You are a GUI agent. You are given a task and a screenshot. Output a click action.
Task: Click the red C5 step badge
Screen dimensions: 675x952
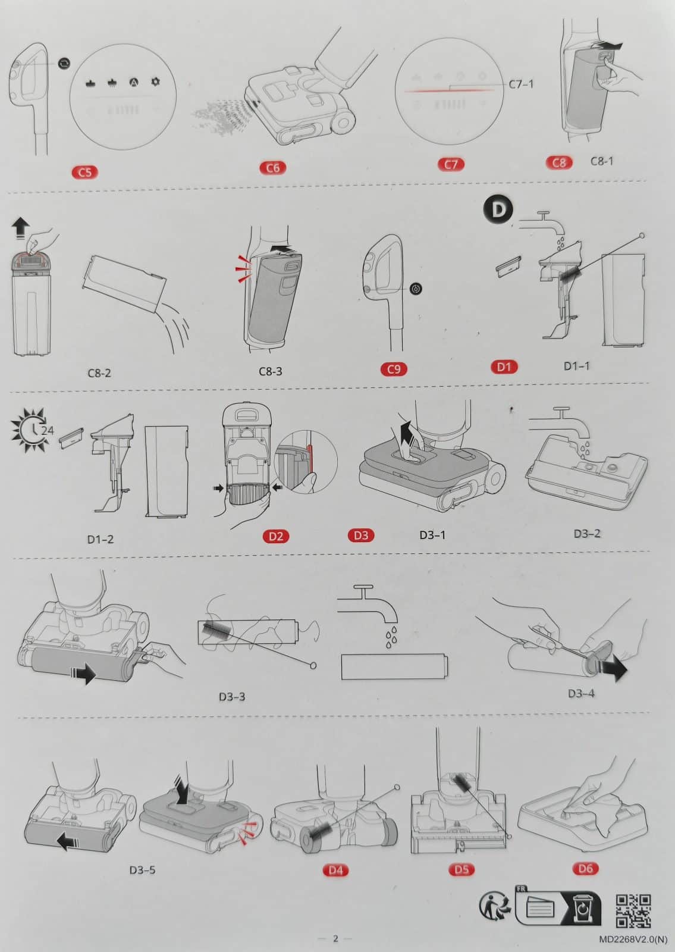85,172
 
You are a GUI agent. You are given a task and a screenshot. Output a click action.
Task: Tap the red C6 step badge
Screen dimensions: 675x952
273,168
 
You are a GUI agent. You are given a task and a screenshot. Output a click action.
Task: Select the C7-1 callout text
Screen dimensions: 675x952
521,84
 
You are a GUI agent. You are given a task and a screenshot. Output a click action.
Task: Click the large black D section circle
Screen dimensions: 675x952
498,209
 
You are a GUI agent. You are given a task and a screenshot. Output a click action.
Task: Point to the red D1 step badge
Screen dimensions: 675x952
504,367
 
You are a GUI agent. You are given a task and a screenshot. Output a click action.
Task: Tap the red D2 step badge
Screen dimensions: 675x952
276,536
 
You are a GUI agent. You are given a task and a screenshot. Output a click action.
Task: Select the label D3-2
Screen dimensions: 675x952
587,534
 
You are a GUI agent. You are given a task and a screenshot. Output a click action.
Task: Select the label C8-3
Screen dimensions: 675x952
270,371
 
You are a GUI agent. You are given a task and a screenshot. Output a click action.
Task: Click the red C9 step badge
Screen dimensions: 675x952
394,369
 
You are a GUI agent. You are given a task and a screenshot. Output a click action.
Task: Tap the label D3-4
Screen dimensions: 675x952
581,694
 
